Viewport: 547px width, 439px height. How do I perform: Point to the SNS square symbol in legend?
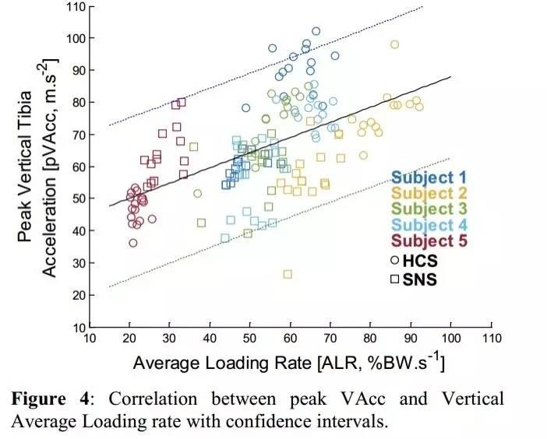[394, 278]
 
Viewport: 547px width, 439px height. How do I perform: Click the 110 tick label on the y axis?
[74, 7]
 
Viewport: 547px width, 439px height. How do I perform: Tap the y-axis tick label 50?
[77, 199]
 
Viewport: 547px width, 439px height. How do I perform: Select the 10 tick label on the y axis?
[77, 328]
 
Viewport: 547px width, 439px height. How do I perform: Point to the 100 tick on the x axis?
[450, 340]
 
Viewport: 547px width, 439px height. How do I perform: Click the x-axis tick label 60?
[290, 340]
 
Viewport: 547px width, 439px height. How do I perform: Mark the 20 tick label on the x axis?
[129, 340]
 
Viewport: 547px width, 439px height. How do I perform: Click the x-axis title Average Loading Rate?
[288, 363]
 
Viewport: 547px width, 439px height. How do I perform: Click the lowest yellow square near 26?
[288, 274]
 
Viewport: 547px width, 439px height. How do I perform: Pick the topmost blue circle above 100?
[316, 32]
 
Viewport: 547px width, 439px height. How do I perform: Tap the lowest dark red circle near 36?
[133, 243]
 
